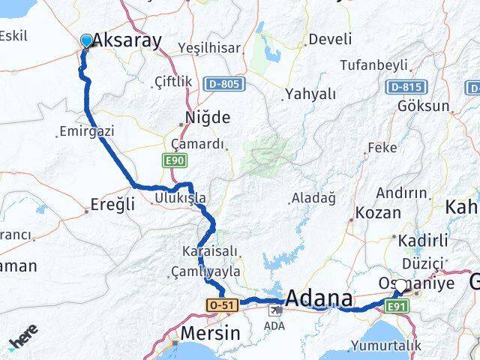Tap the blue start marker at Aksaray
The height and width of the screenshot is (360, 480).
click(86, 40)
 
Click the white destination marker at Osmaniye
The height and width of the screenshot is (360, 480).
click(401, 286)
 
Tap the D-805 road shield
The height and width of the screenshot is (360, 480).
click(222, 83)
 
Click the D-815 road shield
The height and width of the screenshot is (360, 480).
click(403, 87)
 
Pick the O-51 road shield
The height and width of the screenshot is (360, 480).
click(222, 304)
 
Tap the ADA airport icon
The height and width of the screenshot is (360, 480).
click(274, 310)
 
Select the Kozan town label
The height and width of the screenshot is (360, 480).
click(378, 213)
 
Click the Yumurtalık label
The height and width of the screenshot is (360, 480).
click(391, 346)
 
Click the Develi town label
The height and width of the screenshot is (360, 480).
click(330, 39)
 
